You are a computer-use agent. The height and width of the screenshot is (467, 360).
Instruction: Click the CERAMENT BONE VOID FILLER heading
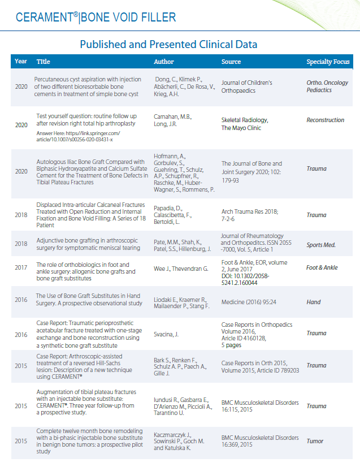[96, 17]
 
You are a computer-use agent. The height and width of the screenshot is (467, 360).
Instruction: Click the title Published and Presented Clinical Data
[168, 44]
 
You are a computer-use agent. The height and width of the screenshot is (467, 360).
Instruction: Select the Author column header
[164, 62]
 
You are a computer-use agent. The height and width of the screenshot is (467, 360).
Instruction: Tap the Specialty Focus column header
[328, 62]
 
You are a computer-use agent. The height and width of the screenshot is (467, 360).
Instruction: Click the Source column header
[231, 62]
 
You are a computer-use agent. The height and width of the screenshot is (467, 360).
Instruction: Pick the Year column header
[21, 61]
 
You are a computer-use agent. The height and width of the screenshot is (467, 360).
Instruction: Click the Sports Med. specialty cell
[321, 245]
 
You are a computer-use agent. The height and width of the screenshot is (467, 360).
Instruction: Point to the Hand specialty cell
[314, 302]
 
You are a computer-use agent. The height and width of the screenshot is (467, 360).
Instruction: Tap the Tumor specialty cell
[315, 441]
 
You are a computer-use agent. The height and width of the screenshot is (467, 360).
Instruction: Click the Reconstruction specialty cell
[325, 120]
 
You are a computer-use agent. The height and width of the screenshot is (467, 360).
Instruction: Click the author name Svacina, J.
[166, 334]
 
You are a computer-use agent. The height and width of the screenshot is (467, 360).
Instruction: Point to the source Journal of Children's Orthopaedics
[247, 86]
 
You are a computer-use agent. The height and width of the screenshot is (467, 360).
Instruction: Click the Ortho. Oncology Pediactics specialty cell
[327, 86]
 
